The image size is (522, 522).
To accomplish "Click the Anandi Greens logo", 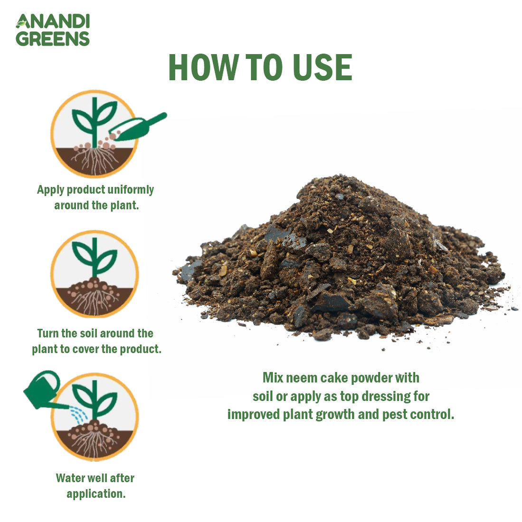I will [x=52, y=30].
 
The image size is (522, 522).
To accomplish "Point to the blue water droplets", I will [x=79, y=415].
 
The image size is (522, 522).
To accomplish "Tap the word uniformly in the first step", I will [x=131, y=190].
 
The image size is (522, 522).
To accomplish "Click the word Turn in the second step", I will [x=47, y=333].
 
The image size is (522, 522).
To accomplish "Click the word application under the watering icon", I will [x=96, y=494].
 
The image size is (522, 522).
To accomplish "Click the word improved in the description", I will [x=254, y=414].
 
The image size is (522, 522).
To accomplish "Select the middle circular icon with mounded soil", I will [x=95, y=274].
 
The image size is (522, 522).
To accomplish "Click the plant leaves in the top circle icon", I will [x=95, y=117].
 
